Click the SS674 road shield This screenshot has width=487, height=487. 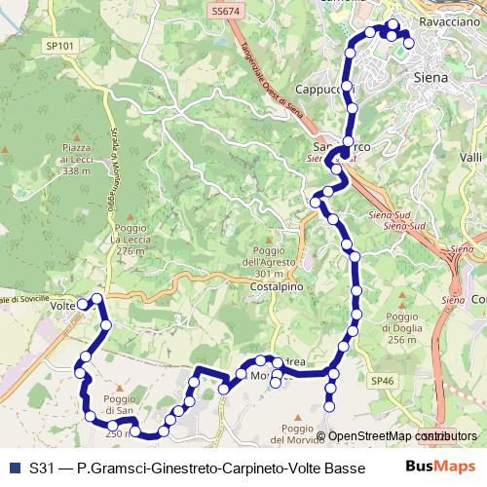click(224, 11)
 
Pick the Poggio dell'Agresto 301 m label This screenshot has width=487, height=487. click(273, 262)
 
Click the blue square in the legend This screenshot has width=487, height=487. click(14, 468)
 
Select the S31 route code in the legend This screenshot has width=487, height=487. click(41, 468)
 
